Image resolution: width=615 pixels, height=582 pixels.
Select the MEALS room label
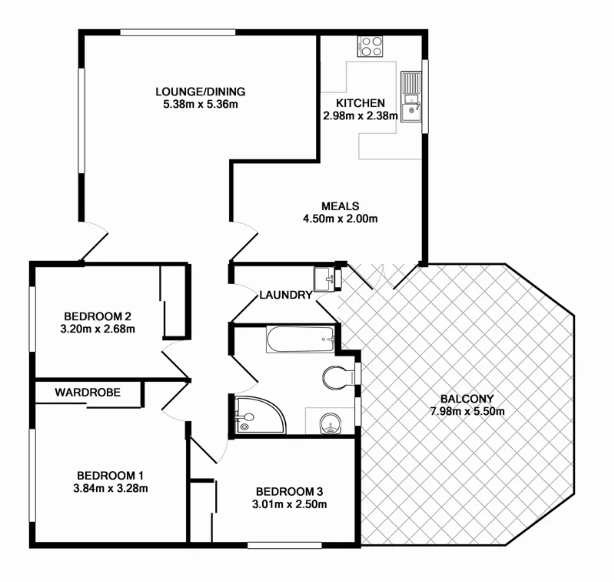tap(341, 206)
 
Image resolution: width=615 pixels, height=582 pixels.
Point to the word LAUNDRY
tap(285, 295)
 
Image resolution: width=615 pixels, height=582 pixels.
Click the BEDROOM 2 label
tap(98, 316)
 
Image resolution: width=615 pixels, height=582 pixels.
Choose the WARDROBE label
tap(87, 392)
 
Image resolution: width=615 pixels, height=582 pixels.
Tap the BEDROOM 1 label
tap(110, 475)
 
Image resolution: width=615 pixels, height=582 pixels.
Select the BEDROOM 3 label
tap(291, 492)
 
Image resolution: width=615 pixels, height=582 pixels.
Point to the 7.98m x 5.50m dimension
tap(467, 411)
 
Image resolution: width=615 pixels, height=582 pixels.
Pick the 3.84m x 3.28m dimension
tap(110, 487)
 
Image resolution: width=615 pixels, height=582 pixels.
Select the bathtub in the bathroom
tap(301, 339)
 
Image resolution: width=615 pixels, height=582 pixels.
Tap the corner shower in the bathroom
tap(257, 416)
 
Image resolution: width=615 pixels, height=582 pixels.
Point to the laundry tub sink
tap(325, 278)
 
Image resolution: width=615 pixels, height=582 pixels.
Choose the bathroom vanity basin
tap(330, 422)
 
